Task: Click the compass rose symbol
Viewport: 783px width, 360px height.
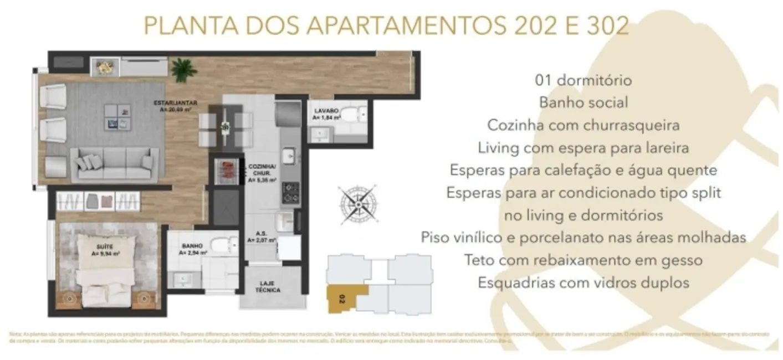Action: pos(357,203)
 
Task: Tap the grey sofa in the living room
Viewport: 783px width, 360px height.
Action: pos(115,164)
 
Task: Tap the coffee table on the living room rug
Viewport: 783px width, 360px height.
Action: pos(117,117)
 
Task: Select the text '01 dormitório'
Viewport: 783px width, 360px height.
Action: pos(583,80)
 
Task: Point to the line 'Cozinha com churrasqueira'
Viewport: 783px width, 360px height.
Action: pos(583,125)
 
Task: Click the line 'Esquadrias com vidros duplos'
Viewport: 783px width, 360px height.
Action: pos(583,282)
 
